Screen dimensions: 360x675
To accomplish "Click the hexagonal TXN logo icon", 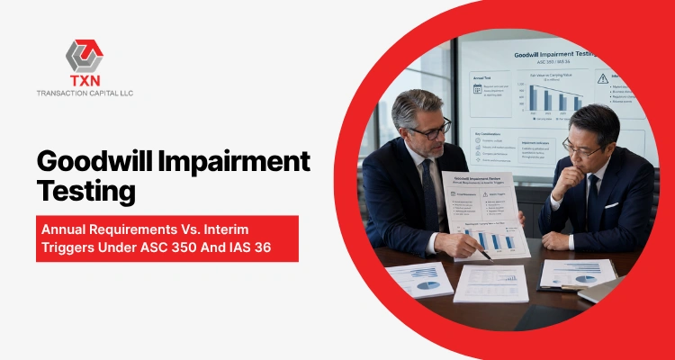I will [x=85, y=56].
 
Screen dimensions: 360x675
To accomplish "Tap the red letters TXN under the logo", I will [x=85, y=82].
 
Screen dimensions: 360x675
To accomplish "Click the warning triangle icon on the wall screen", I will [x=601, y=78].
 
